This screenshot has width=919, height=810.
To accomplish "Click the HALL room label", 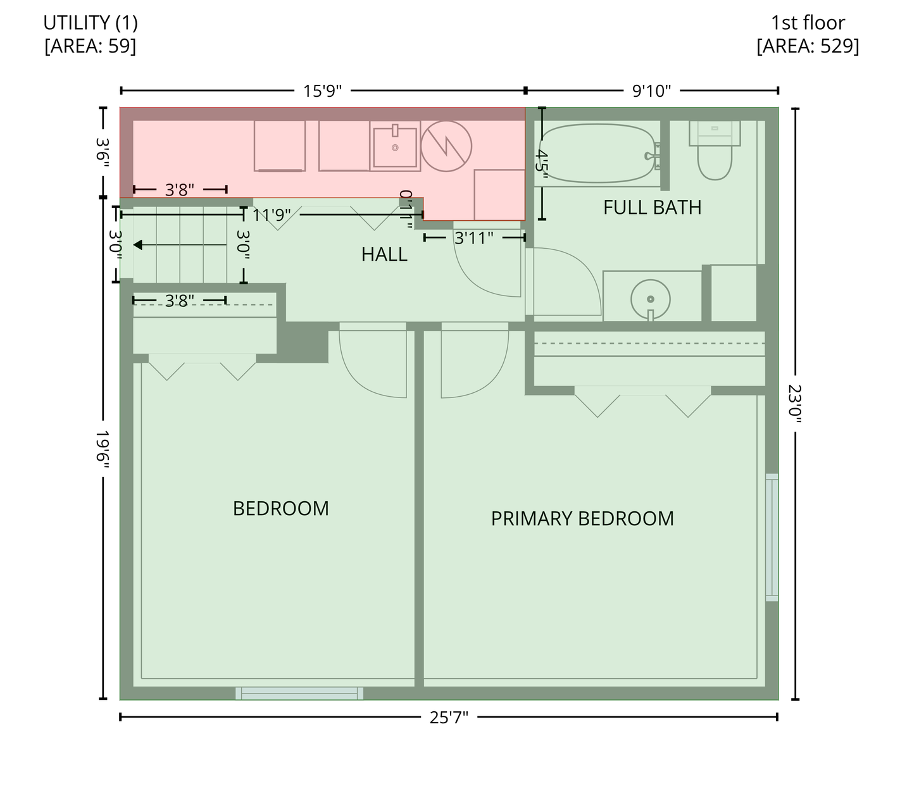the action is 384,254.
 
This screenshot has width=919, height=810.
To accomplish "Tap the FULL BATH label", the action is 652,208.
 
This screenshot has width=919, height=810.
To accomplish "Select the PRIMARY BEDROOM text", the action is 582,518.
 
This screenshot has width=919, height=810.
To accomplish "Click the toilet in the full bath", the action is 715,150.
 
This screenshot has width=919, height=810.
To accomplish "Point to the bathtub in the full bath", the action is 598,154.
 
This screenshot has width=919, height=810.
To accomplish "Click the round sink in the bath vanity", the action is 651,299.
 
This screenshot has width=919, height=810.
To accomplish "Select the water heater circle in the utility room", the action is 446,146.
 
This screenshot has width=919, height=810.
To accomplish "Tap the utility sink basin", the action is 395,147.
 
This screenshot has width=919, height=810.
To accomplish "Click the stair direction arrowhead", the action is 138,245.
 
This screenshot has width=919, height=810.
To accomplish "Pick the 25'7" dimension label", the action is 449,717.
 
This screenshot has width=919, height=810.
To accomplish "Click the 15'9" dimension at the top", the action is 322,90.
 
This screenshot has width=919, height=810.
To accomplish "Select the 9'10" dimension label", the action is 651,90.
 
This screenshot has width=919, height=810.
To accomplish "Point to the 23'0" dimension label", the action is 795,404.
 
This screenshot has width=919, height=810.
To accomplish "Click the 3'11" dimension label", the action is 473,238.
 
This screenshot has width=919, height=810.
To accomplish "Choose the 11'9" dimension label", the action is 272,215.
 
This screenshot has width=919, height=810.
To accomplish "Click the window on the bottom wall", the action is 299,694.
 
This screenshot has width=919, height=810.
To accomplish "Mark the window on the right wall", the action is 772,537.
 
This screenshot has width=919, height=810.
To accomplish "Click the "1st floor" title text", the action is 808,23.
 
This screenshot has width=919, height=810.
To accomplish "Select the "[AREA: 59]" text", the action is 91,46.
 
